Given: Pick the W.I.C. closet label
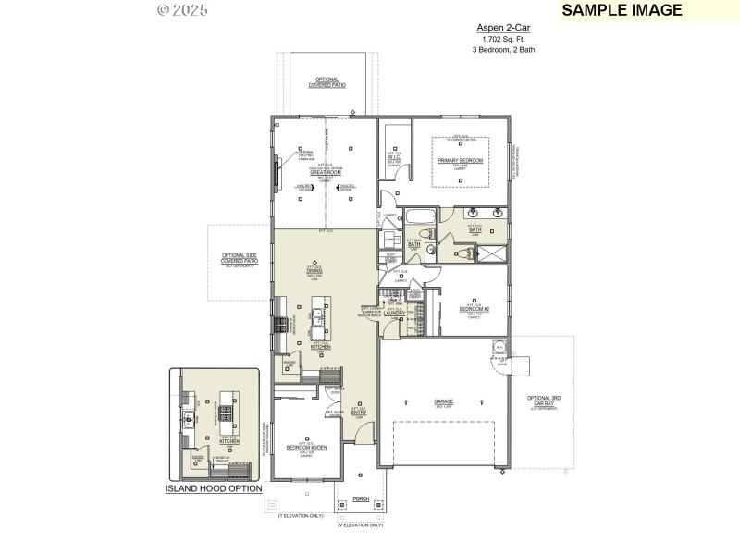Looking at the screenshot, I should point(393,157).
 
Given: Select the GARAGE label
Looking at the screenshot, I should point(443,402).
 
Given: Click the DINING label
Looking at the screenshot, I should point(314,271).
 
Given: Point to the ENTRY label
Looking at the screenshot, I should point(359,413).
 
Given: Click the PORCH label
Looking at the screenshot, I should point(360,499).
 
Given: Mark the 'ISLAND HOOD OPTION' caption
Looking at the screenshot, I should point(214,488).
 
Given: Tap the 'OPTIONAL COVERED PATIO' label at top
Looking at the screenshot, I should point(327,82).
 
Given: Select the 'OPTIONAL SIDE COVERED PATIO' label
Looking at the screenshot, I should point(239,260).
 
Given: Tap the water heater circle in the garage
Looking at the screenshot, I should point(500,348).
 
